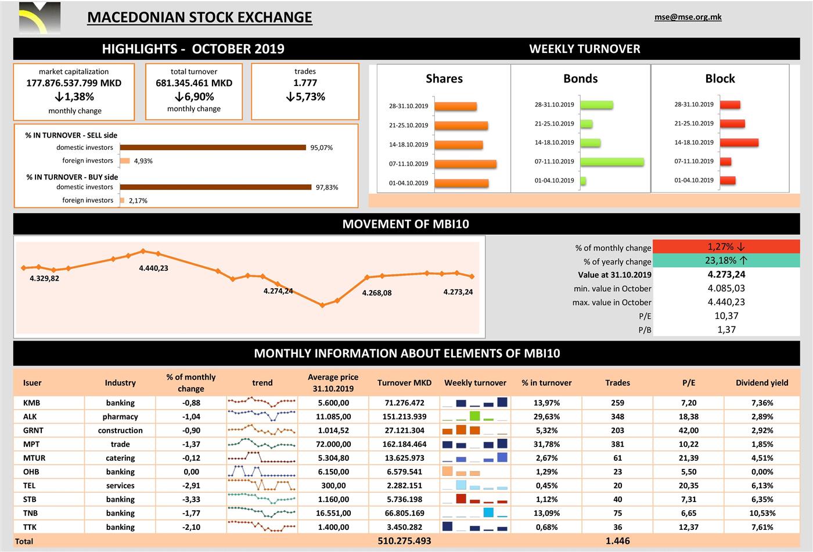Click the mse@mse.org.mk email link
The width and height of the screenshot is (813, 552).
tap(688, 17)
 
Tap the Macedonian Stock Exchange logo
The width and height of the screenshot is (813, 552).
tap(39, 18)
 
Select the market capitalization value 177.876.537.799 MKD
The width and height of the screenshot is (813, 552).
tap(74, 83)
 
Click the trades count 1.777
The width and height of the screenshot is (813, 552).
tap(305, 83)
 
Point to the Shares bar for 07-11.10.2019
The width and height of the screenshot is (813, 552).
tap(465, 164)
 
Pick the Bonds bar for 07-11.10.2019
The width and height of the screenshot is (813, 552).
tap(611, 162)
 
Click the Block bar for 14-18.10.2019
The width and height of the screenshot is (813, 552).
tap(739, 142)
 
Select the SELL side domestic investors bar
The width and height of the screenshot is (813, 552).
tap(213, 148)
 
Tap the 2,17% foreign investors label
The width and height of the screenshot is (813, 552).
tap(138, 200)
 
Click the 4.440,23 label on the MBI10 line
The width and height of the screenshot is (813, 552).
tap(153, 268)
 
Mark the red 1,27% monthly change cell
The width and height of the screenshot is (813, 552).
tap(726, 247)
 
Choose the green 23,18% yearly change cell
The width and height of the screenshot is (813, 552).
tap(726, 261)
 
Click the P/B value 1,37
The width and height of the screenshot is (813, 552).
tap(726, 329)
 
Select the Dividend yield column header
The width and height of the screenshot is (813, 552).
tap(762, 382)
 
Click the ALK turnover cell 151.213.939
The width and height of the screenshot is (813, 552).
tap(404, 417)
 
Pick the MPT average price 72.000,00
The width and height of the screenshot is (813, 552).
tap(333, 444)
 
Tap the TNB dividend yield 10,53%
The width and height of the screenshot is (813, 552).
tap(762, 513)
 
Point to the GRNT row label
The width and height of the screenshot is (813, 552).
tap(33, 431)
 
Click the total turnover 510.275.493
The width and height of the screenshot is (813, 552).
tap(404, 541)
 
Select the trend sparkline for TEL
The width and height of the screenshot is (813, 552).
tap(262, 485)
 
